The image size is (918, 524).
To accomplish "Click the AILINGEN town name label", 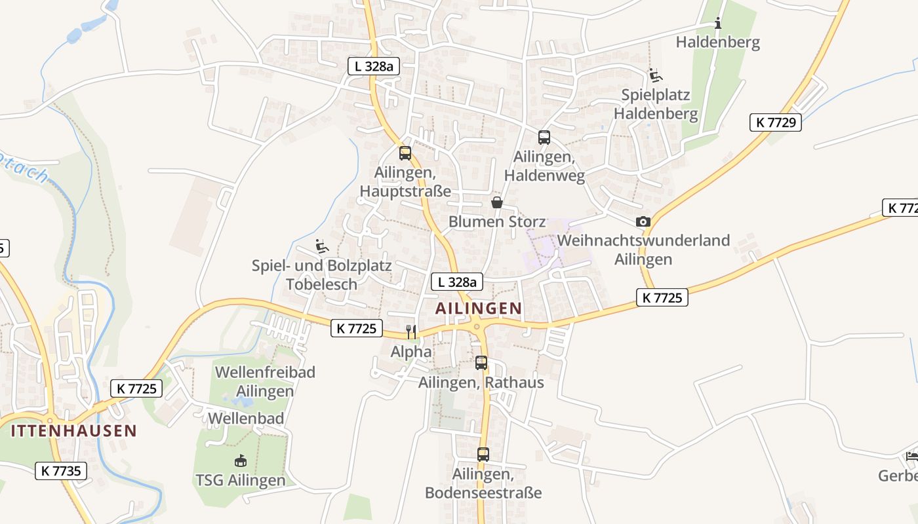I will [x=479, y=308].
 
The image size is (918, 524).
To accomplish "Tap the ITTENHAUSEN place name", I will [x=73, y=430].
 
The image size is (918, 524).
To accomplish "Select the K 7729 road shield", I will [x=776, y=122].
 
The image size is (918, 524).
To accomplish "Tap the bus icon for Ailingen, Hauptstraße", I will [x=405, y=153].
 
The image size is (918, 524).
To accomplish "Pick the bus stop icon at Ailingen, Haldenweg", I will [x=544, y=138].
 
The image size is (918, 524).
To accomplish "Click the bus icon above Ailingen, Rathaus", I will [x=481, y=363].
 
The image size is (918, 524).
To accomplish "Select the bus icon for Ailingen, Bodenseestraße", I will [x=483, y=454].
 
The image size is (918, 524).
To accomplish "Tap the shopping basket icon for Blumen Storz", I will [x=497, y=202].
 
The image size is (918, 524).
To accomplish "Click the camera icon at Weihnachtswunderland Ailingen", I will [x=643, y=221].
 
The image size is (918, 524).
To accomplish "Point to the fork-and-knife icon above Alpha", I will [x=411, y=332].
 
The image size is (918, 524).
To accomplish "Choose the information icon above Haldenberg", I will [x=718, y=24].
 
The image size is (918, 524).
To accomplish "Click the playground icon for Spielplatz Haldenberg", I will [x=655, y=75].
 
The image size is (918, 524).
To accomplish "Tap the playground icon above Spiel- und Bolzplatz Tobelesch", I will [x=321, y=246].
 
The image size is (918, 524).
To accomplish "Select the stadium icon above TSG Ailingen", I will [x=240, y=460].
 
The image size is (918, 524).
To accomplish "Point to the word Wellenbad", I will [x=246, y=419].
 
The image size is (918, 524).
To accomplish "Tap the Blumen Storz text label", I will [x=497, y=222].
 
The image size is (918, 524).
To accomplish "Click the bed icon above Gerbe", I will [x=912, y=456].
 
